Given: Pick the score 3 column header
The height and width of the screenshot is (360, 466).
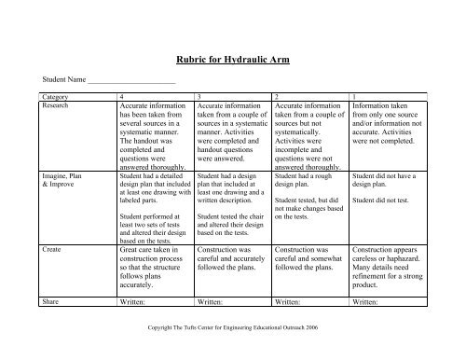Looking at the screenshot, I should click(x=199, y=97).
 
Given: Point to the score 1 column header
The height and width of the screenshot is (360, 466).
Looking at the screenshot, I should click(x=355, y=97).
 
